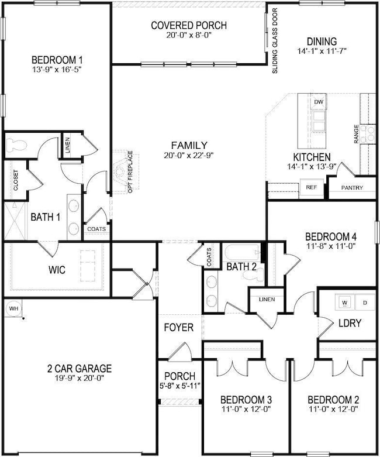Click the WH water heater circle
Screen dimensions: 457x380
pyautogui.click(x=13, y=308)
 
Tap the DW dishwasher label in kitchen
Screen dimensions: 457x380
pyautogui.click(x=319, y=102)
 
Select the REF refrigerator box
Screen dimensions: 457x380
pyautogui.click(x=310, y=188)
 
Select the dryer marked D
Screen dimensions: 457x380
pyautogui.click(x=365, y=303)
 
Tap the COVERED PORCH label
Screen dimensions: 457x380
pyautogui.click(x=188, y=25)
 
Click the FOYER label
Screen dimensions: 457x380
pyautogui.click(x=179, y=328)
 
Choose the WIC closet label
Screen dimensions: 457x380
pyautogui.click(x=57, y=270)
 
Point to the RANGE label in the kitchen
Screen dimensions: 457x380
pyautogui.click(x=356, y=134)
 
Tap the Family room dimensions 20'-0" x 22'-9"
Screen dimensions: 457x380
pyautogui.click(x=189, y=156)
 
